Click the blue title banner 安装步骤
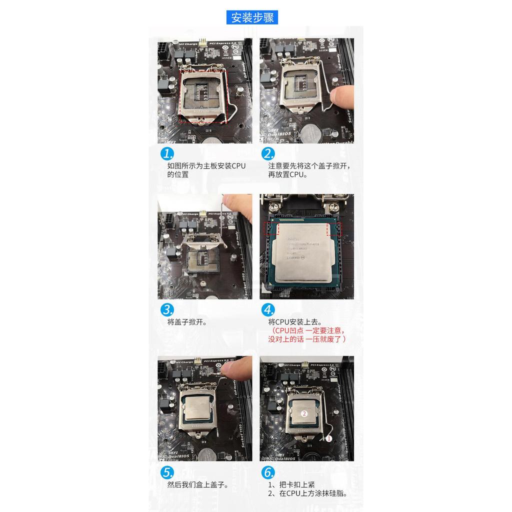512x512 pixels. pyautogui.click(x=252, y=17)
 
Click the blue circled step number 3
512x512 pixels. pyautogui.click(x=167, y=309)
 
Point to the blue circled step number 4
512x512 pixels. pyautogui.click(x=268, y=309)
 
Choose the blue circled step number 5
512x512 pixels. pyautogui.click(x=167, y=472)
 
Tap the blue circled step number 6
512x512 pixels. pyautogui.click(x=268, y=472)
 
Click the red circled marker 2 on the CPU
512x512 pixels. pyautogui.click(x=304, y=413)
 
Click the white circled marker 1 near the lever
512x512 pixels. pyautogui.click(x=328, y=438)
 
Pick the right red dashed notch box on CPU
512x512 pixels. pyautogui.click(x=333, y=229)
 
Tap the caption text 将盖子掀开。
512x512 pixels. pyautogui.click(x=187, y=322)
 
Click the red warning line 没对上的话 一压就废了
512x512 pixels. pyautogui.click(x=307, y=339)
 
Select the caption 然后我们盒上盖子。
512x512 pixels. pyautogui.click(x=197, y=485)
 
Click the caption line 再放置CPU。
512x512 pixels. pyautogui.click(x=288, y=174)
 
